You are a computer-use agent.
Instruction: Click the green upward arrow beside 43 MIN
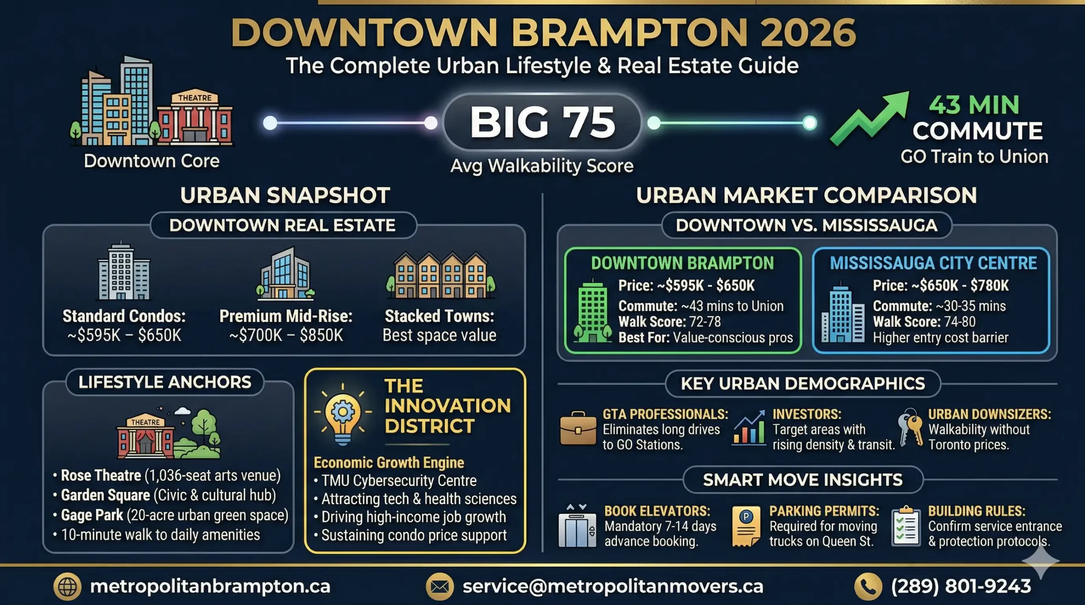point(869,119)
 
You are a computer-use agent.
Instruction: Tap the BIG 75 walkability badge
point(542,122)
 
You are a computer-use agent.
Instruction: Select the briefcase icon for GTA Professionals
point(578,428)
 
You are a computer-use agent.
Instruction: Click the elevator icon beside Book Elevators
point(577,526)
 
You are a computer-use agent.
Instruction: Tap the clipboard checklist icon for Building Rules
point(906,526)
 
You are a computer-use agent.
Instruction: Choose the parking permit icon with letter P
point(746,526)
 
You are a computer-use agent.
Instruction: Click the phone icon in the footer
point(868,587)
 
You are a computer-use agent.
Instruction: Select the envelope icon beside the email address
point(440,587)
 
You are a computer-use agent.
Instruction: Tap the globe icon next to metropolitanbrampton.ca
point(67,587)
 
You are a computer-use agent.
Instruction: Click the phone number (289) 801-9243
point(961,586)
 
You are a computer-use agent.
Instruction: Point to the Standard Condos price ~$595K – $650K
point(124,335)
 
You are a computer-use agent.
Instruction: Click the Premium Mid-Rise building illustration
point(285,274)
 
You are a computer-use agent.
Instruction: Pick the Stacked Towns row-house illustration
point(440,275)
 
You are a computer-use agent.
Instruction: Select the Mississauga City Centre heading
point(933,263)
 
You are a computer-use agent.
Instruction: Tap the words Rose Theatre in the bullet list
point(101,475)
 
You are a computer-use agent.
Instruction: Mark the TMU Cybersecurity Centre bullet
point(399,481)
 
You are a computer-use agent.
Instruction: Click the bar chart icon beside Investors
point(749,428)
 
